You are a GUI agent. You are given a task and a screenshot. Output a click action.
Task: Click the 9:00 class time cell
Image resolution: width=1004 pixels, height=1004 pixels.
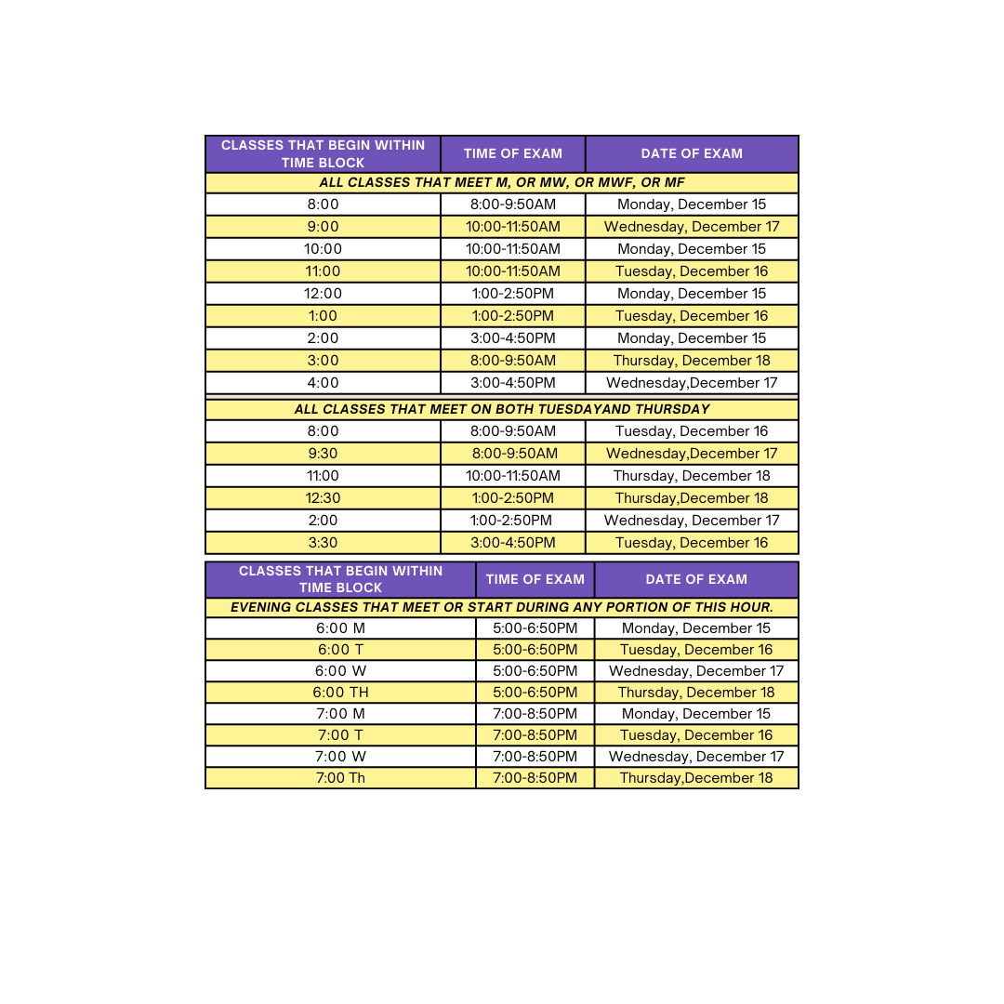click(323, 227)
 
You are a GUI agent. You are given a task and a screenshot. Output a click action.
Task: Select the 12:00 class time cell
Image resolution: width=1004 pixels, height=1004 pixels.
click(323, 294)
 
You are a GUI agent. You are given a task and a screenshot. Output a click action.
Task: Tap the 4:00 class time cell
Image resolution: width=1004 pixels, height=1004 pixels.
click(323, 383)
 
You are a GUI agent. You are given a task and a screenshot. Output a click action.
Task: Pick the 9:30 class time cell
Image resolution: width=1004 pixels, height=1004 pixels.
click(323, 454)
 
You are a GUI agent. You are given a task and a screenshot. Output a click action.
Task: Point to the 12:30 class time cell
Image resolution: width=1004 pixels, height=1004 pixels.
click(323, 498)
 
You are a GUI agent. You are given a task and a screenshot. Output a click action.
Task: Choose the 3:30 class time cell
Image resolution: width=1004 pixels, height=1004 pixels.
click(323, 543)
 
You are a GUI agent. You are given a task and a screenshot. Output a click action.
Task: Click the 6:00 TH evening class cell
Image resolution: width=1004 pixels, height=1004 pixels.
click(340, 693)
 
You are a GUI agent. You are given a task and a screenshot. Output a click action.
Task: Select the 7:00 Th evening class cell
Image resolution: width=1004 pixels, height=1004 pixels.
click(340, 778)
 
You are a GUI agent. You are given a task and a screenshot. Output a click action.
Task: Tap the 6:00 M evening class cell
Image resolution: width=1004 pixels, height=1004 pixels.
click(340, 628)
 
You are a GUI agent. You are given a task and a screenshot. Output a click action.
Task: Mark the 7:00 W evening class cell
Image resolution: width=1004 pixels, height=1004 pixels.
click(340, 757)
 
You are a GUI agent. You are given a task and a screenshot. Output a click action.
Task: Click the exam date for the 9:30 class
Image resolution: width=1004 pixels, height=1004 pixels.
click(692, 454)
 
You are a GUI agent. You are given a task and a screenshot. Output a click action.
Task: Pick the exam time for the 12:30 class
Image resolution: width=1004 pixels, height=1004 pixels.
click(512, 498)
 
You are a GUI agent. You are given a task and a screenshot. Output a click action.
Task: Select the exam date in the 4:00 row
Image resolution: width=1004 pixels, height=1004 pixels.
click(692, 383)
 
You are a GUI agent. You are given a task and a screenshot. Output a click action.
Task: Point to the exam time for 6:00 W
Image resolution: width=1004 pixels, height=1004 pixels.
click(535, 671)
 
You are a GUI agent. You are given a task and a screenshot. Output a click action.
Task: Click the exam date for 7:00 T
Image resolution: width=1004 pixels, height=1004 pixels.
click(696, 735)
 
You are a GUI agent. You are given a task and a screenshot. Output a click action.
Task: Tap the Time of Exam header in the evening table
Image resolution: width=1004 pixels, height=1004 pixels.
click(535, 579)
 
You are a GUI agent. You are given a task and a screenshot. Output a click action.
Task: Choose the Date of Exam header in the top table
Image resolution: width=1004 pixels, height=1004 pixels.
click(692, 154)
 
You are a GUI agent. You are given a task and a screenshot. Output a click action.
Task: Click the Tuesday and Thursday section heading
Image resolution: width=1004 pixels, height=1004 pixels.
click(502, 409)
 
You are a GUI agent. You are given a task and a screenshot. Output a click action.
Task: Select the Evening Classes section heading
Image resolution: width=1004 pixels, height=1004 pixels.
click(502, 608)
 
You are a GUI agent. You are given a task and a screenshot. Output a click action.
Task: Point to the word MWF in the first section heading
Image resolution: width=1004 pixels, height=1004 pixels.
click(596, 183)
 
